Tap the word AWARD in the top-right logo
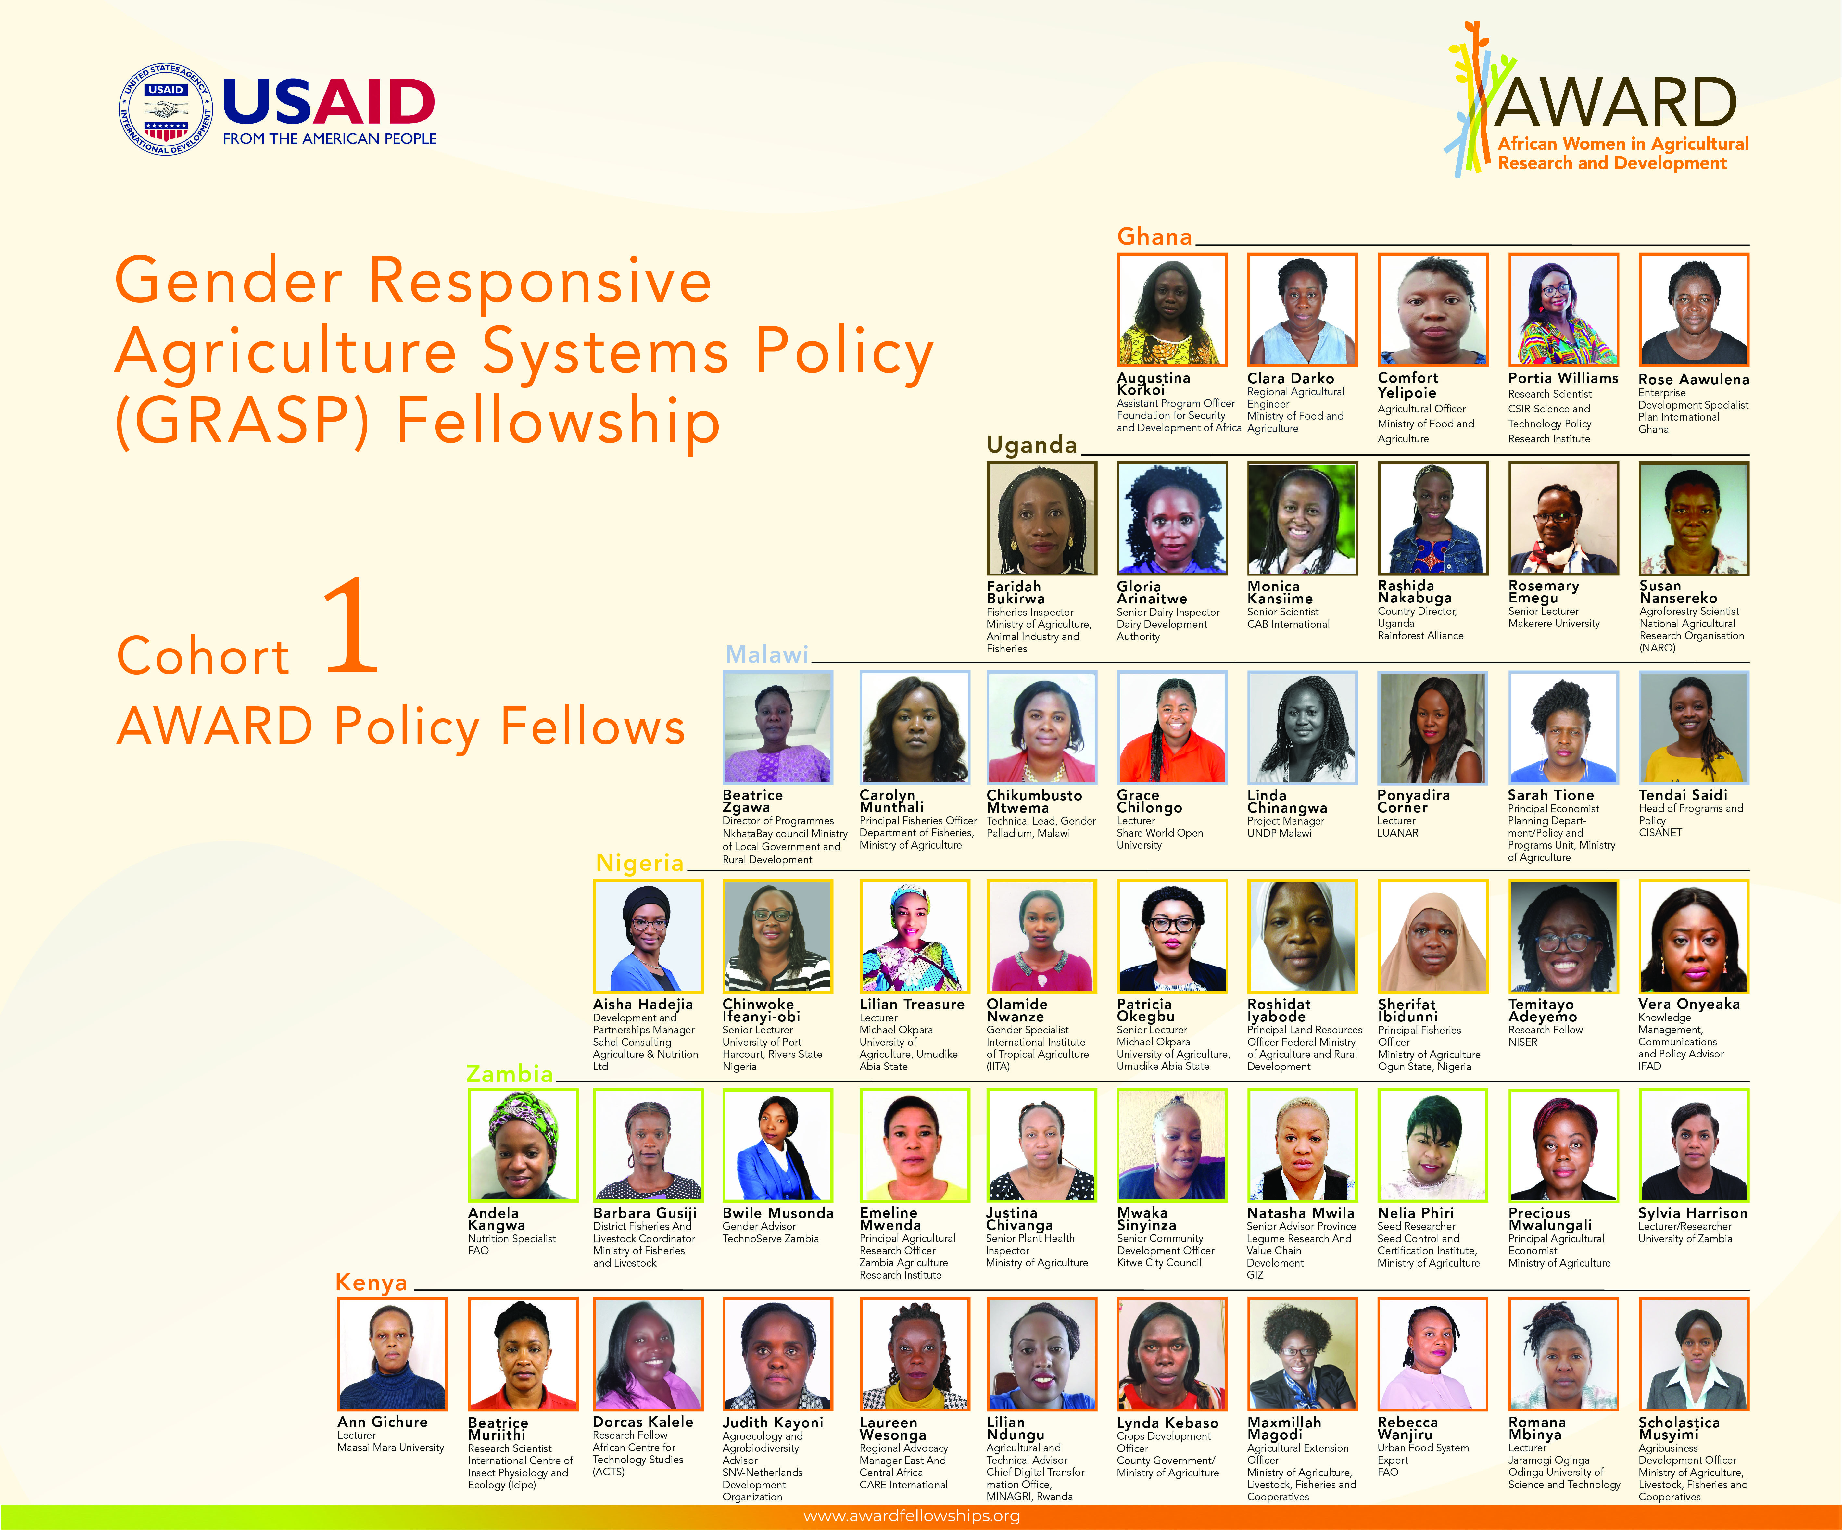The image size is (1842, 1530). [1616, 103]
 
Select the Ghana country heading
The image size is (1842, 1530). [1154, 237]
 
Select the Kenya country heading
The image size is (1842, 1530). [372, 1283]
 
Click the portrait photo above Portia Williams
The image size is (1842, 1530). [1563, 310]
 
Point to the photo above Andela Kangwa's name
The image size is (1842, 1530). [523, 1145]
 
